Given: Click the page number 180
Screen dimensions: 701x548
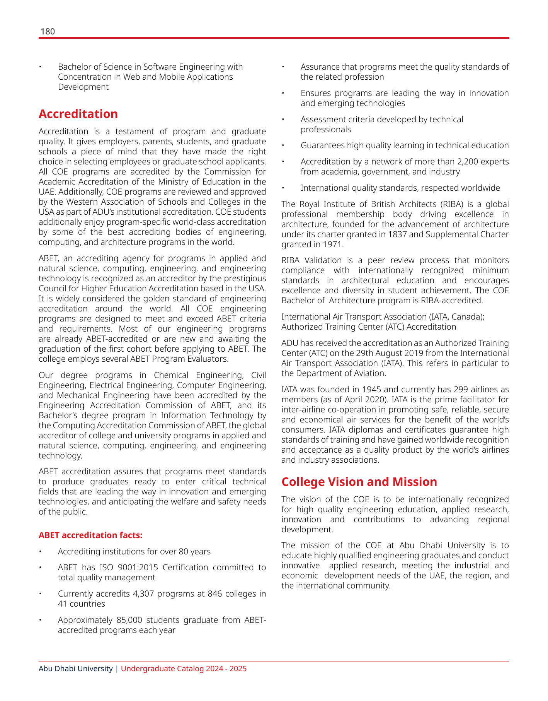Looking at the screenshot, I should coord(48,32).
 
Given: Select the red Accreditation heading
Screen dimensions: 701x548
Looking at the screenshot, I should coord(78,114).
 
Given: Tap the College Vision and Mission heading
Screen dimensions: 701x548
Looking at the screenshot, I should coord(359,482).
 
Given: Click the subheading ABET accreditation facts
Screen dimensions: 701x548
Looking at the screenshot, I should coord(90,535).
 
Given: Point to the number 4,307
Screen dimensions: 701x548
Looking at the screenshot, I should coord(145,594).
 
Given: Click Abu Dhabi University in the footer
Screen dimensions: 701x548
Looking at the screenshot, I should coord(75,669).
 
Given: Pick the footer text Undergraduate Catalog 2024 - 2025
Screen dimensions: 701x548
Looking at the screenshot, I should coord(184,669).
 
